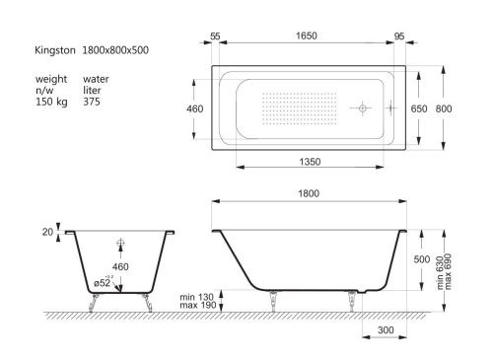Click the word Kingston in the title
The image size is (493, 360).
click(55, 50)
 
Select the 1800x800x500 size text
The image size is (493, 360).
click(115, 50)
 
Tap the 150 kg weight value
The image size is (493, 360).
click(51, 102)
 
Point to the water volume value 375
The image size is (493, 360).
click(92, 102)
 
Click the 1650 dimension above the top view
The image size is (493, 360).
click(306, 36)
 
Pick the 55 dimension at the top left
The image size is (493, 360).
click(215, 36)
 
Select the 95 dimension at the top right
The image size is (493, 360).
click(399, 36)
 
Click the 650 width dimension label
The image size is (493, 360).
click(419, 108)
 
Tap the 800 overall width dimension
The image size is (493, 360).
click(444, 108)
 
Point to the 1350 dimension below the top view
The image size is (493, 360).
click(310, 162)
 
